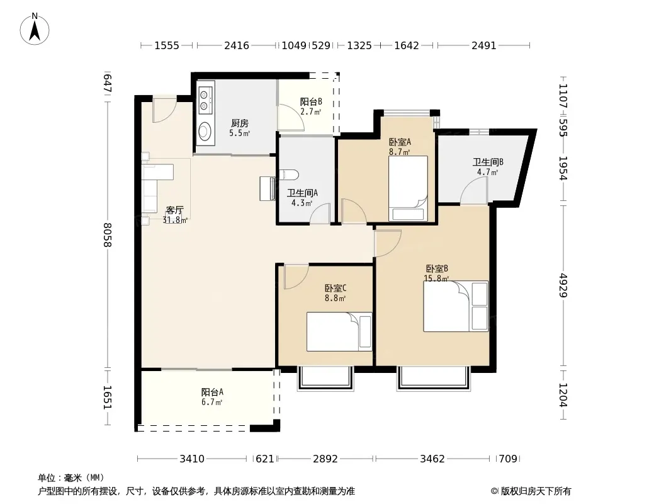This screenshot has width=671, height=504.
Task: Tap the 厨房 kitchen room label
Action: tap(240, 123)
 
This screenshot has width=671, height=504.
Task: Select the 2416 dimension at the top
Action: tap(237, 45)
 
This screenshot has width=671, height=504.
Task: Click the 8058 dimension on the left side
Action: tap(107, 234)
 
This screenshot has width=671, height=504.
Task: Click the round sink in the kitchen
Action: tap(205, 131)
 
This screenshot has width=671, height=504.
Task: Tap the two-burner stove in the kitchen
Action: tap(205, 100)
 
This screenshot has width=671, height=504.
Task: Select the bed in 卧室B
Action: tap(456, 306)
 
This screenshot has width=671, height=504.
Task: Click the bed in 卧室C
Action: tap(339, 332)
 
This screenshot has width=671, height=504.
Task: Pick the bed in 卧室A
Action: tap(408, 188)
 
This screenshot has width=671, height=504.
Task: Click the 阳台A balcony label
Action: tap(212, 392)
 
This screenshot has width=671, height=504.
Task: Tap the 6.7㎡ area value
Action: tap(212, 402)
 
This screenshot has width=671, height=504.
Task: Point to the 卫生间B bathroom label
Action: tap(488, 163)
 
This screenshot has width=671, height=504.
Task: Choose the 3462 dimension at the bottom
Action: tap(432, 459)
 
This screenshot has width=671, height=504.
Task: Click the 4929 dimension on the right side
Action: tap(563, 285)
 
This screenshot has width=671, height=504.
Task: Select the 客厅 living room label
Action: tap(174, 210)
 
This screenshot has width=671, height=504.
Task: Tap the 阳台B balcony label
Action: tap(311, 102)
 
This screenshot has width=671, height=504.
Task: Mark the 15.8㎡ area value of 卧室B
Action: tap(436, 278)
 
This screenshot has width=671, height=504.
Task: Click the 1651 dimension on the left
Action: tap(107, 398)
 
